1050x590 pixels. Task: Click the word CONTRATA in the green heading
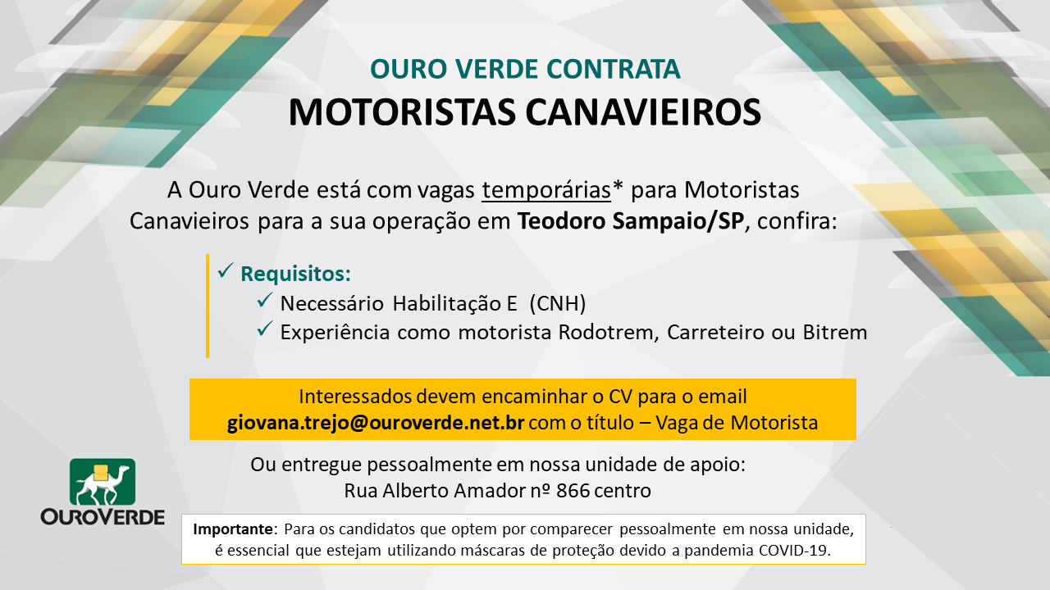[613, 70]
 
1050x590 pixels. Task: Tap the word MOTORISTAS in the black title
[402, 113]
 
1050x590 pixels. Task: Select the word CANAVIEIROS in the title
[643, 113]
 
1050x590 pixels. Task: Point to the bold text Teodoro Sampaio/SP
[631, 221]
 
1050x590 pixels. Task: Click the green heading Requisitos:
[296, 274]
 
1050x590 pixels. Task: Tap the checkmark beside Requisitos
[226, 270]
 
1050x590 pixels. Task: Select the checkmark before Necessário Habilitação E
[265, 300]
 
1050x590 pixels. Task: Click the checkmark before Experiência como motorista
[265, 329]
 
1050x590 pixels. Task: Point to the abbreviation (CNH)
[558, 303]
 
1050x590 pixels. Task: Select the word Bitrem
[835, 333]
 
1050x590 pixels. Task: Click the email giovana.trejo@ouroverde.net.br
[376, 423]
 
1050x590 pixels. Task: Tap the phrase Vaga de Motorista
[737, 423]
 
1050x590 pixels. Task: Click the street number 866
[573, 491]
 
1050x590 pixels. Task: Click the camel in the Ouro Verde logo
[103, 484]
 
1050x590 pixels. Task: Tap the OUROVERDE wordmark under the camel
[103, 517]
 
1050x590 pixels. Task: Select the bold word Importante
[233, 529]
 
